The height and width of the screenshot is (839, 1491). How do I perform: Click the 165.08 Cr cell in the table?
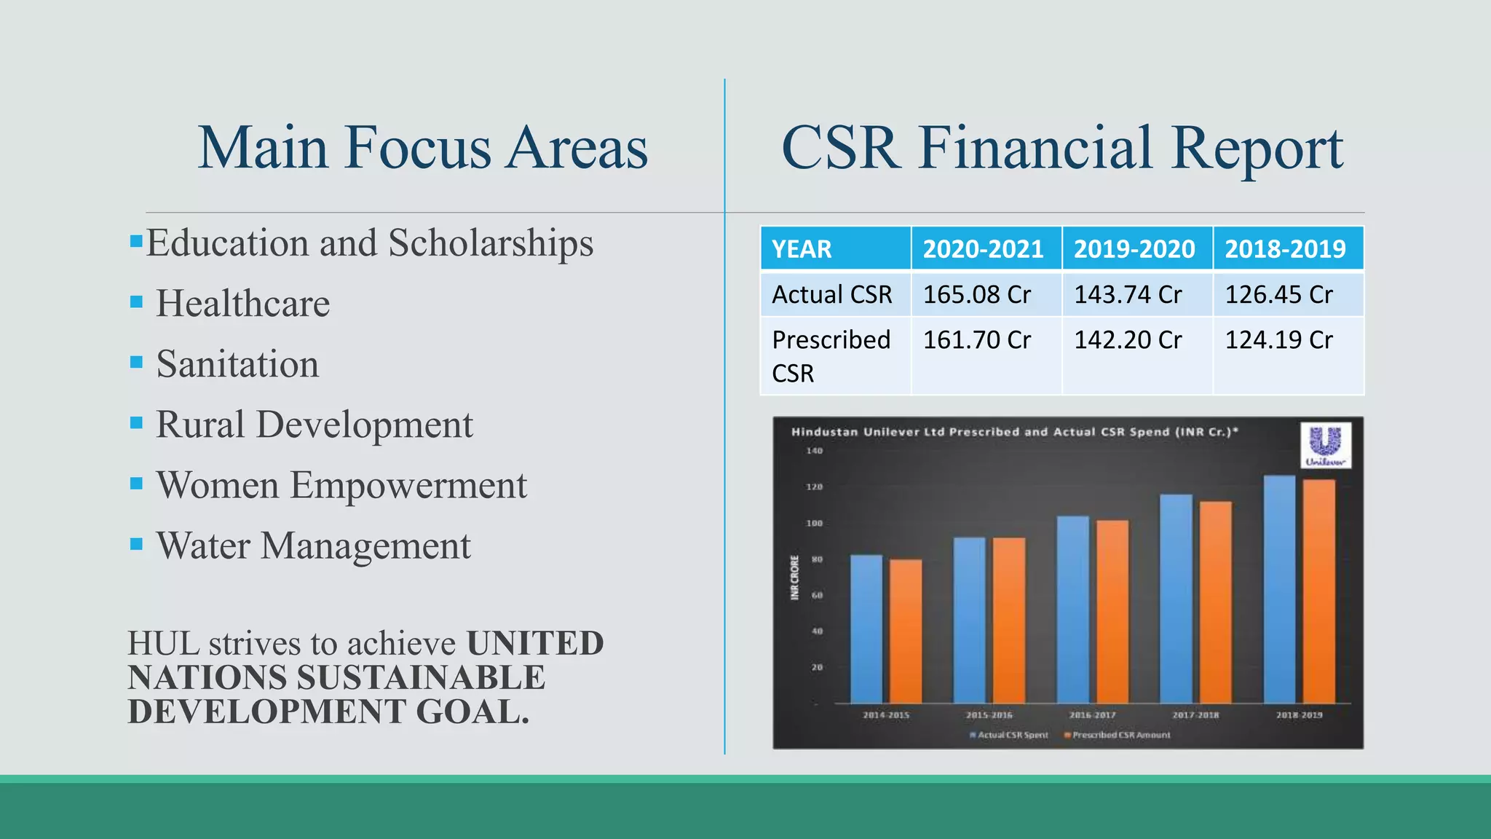pos(977,294)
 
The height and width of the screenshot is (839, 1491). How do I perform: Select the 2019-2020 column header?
pos(1134,249)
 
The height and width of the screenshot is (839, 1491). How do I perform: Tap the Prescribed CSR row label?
pos(831,356)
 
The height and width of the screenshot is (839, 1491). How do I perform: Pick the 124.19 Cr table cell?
pos(1278,340)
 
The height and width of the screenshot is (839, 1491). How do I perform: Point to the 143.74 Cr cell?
pos(1128,294)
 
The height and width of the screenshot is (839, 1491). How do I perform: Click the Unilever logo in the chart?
pos(1325,445)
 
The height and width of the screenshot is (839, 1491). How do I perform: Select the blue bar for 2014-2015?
pos(866,629)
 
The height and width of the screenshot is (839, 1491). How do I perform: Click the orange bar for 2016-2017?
pos(1112,612)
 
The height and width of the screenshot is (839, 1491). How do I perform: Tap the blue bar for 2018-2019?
pos(1279,590)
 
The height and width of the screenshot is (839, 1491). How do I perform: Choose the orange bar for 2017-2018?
pos(1216,602)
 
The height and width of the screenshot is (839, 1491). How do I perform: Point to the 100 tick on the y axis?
pos(814,523)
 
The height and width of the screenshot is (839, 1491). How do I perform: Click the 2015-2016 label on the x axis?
pos(989,715)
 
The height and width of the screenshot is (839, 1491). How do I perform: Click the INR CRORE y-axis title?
pos(795,578)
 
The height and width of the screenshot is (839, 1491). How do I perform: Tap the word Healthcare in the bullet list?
pos(242,303)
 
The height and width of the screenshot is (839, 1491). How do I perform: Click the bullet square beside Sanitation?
pos(136,362)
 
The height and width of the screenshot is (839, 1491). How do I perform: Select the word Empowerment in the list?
pos(408,485)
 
